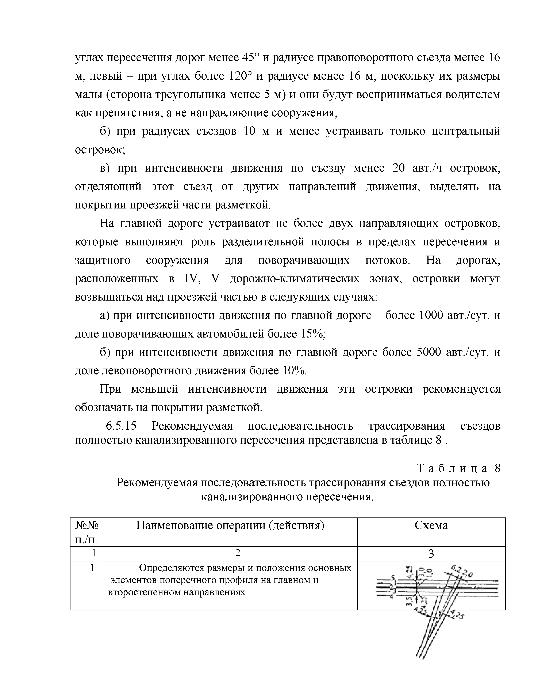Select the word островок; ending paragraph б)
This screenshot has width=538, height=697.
point(100,150)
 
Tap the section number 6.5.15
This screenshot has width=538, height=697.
point(121,426)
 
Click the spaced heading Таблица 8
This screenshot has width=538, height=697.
point(459,468)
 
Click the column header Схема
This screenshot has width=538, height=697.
point(431,525)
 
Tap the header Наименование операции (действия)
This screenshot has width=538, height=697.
point(230,525)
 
